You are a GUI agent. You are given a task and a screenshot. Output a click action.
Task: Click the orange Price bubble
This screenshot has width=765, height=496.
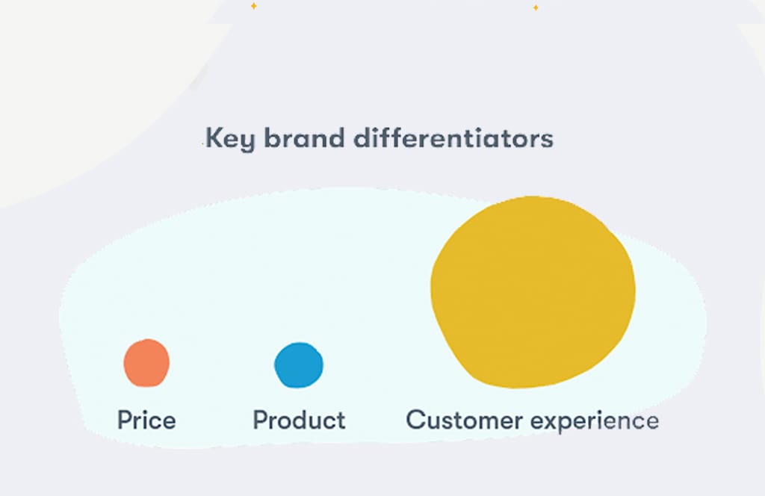[146, 363]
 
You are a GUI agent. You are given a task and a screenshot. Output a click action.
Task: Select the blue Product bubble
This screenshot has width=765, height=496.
[299, 365]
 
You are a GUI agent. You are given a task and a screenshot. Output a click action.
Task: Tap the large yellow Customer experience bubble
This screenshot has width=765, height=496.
[533, 291]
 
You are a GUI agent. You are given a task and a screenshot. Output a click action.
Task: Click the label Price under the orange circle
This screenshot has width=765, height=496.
[146, 420]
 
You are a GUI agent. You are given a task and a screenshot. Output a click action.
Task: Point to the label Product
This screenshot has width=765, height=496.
[299, 420]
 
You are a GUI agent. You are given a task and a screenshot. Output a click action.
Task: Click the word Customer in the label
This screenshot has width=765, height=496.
[464, 420]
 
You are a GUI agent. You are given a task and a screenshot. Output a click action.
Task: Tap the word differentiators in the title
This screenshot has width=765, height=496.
[453, 138]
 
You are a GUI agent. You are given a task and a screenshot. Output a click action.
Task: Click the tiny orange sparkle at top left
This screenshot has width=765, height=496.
[253, 6]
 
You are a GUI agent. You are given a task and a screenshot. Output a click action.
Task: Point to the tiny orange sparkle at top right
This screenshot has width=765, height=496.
[535, 7]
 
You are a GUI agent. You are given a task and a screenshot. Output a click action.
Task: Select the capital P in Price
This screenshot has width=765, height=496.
[124, 420]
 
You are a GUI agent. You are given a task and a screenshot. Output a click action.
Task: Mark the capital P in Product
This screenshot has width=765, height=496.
[260, 420]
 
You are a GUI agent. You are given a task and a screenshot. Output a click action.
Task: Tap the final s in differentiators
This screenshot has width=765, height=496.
[548, 140]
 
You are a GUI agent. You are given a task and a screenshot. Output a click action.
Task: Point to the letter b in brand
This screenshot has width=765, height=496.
[271, 138]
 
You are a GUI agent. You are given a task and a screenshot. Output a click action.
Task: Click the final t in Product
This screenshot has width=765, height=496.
[341, 420]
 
